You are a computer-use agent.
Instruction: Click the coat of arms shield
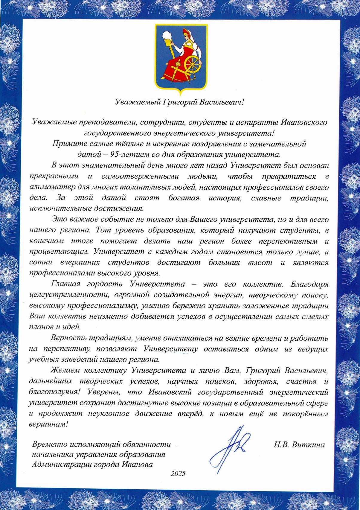pos(180,57)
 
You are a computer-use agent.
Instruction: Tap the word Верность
pos(68,338)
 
